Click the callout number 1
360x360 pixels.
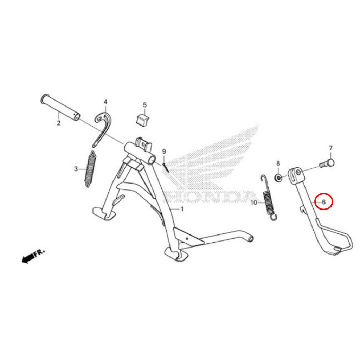pyautogui.click(x=182, y=209)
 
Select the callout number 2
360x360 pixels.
pyautogui.click(x=59, y=123)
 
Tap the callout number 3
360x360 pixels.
pyautogui.click(x=76, y=169)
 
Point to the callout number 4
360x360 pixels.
pyautogui.click(x=105, y=102)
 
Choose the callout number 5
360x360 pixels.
pyautogui.click(x=144, y=105)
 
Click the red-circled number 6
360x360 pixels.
pyautogui.click(x=324, y=202)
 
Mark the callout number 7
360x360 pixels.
pyautogui.click(x=330, y=148)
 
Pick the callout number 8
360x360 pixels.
pyautogui.click(x=278, y=163)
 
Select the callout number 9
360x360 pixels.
pyautogui.click(x=164, y=152)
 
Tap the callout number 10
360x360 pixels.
pyautogui.click(x=254, y=203)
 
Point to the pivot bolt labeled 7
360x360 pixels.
pyautogui.click(x=327, y=163)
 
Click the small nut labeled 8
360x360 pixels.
pyautogui.click(x=278, y=178)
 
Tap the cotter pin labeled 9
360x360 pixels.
pyautogui.click(x=166, y=167)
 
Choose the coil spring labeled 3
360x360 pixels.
pyautogui.click(x=91, y=169)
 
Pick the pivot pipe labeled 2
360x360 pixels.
pyautogui.click(x=60, y=107)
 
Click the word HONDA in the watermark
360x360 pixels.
pyautogui.click(x=208, y=197)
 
